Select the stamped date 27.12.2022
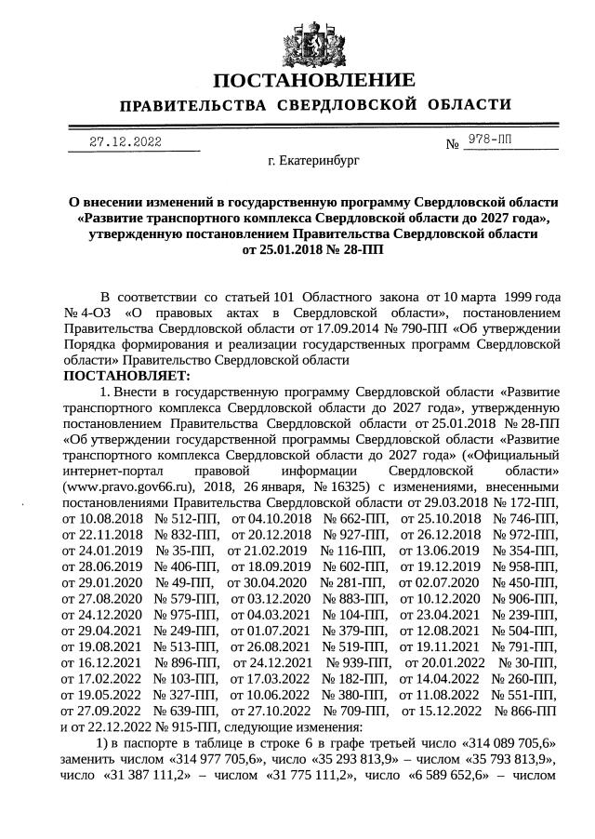(126, 142)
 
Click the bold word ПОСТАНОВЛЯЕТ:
(126, 376)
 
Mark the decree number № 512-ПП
(186, 518)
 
